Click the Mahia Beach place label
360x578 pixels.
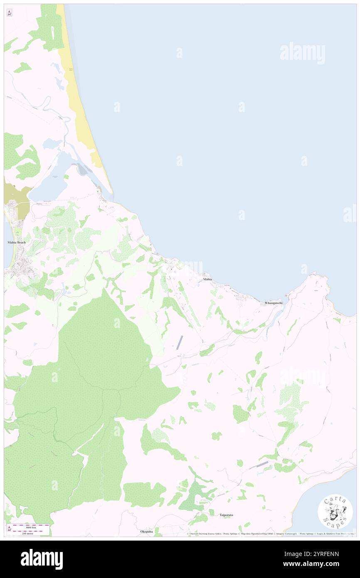[17, 242]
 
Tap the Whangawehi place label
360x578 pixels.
[274, 303]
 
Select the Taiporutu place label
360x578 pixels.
[226, 515]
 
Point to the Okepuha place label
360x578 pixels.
[147, 531]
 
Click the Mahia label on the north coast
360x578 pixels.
[207, 279]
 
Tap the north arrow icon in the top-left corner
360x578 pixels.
[9, 12]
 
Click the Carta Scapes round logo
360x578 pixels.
[335, 511]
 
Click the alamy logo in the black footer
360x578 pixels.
[42, 559]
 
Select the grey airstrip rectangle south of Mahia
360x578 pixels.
[180, 342]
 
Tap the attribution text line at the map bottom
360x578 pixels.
[270, 534]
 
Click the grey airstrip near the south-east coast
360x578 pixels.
[262, 464]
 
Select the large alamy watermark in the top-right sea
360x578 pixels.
[302, 53]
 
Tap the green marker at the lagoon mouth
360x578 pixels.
[99, 191]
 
